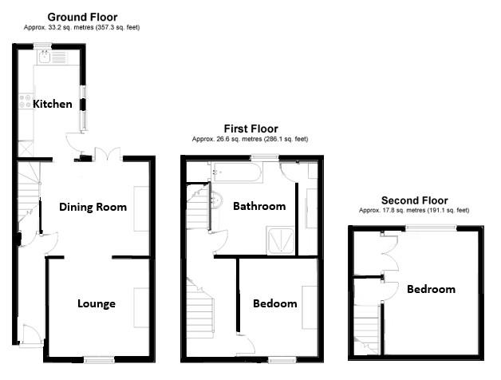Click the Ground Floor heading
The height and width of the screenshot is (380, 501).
81,17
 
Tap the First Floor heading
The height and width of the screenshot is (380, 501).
250,129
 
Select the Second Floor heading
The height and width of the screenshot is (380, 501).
414,200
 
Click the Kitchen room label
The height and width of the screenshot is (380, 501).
52,104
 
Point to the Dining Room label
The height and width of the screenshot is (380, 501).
93,207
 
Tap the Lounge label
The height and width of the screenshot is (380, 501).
97,303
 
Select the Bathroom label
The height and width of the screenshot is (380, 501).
259,206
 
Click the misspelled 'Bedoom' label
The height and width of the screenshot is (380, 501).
275,303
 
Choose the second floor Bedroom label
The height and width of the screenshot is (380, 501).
431,289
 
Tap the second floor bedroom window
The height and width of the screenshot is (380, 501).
431,228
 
